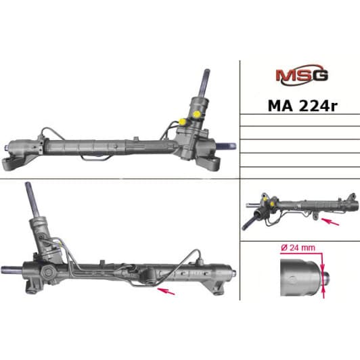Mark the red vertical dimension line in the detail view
pos(325,274)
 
